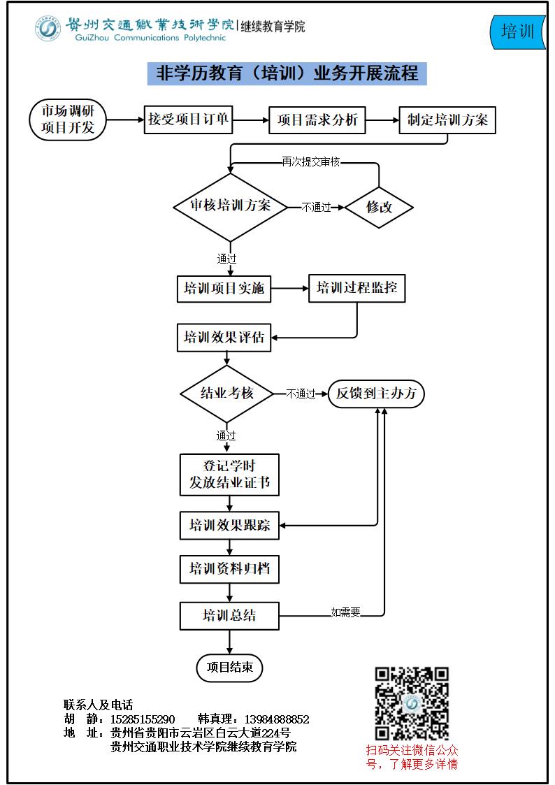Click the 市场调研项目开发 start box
coord(68,120)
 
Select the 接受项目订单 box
coord(188,120)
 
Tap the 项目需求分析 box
coord(317,120)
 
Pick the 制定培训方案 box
coord(447,120)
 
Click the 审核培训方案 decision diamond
coord(230,207)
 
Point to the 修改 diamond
coord(379,208)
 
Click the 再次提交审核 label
coord(311,161)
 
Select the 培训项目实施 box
coord(224,289)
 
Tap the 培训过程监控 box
coord(356,289)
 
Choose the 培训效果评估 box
coord(224,338)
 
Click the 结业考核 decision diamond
coord(226,394)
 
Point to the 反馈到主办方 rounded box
coord(376,394)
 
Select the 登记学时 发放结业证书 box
coord(230,475)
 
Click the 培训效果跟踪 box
coord(230,525)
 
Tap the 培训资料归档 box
coord(230,569)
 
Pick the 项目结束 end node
coord(230,668)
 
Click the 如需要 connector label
coord(345,612)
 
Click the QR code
coord(412,704)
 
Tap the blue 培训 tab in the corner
coord(517,31)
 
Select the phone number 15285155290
coord(143,719)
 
